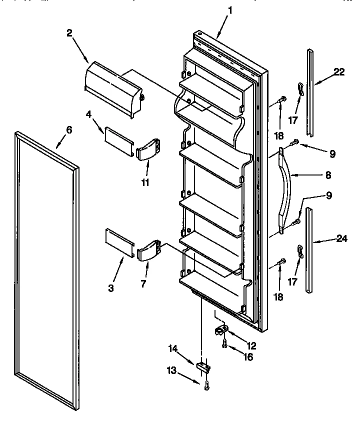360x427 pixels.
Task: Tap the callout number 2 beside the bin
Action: pyautogui.click(x=70, y=33)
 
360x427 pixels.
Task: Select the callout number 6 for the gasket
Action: pyautogui.click(x=69, y=130)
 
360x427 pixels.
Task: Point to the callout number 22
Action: pyautogui.click(x=339, y=72)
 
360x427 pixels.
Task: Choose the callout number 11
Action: pyautogui.click(x=145, y=183)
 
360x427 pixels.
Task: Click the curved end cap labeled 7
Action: pyautogui.click(x=149, y=250)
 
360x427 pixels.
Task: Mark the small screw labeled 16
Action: pyautogui.click(x=224, y=344)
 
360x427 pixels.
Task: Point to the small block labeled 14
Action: pyautogui.click(x=203, y=367)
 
